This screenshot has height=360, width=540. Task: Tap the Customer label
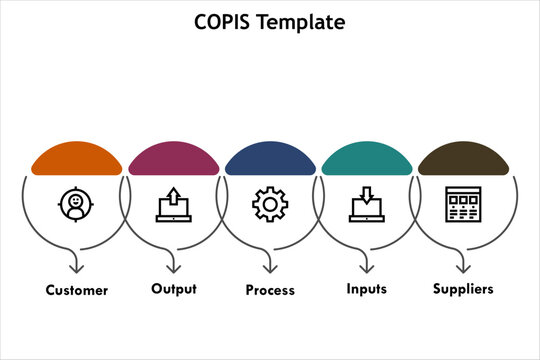(76, 291)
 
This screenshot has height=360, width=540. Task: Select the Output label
(174, 289)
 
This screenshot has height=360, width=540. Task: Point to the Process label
(270, 291)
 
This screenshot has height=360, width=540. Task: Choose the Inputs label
(367, 289)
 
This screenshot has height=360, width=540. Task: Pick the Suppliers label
(463, 290)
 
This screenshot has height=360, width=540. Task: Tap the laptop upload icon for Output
(173, 204)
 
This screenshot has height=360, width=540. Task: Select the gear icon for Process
(270, 204)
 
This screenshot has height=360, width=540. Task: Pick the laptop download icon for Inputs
(367, 204)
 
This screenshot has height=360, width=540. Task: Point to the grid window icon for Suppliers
(463, 204)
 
